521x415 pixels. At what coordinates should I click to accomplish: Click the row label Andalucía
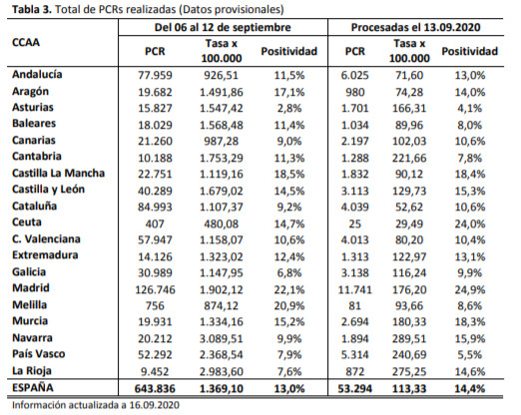[37, 74]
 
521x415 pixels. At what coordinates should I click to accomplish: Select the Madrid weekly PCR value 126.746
[155, 289]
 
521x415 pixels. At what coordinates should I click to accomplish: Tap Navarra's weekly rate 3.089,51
[222, 338]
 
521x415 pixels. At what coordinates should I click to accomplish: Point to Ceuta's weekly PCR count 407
[155, 223]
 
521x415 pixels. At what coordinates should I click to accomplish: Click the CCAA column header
[26, 43]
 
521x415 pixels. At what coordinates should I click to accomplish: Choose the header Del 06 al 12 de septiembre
[223, 27]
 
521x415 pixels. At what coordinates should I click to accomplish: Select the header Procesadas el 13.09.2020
[416, 27]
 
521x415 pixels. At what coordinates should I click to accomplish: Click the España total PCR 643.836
[155, 388]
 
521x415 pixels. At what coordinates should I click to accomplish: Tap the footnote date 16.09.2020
[155, 405]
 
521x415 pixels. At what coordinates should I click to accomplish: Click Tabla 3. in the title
[32, 9]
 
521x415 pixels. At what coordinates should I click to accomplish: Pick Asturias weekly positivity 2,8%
[289, 108]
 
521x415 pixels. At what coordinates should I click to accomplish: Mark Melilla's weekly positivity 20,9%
[289, 305]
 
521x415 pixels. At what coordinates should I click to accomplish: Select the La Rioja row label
[32, 371]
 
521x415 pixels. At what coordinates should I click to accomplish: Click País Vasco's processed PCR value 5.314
[355, 355]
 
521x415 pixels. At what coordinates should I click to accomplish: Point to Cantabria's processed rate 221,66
[409, 158]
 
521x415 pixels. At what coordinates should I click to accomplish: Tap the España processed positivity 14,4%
[470, 388]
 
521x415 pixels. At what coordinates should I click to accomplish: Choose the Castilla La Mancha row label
[58, 174]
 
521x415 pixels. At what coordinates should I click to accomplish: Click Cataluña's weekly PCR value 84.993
[155, 207]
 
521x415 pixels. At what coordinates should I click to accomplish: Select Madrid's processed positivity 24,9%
[470, 289]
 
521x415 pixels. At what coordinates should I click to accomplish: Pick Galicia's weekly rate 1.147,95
[222, 272]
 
